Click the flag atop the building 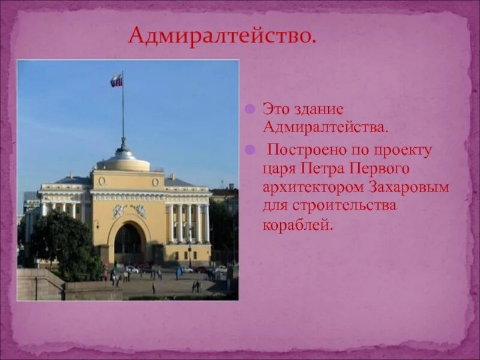(116, 80)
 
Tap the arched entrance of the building (128, 244)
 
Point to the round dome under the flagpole (124, 161)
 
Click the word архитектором (312, 187)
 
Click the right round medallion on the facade (155, 182)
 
